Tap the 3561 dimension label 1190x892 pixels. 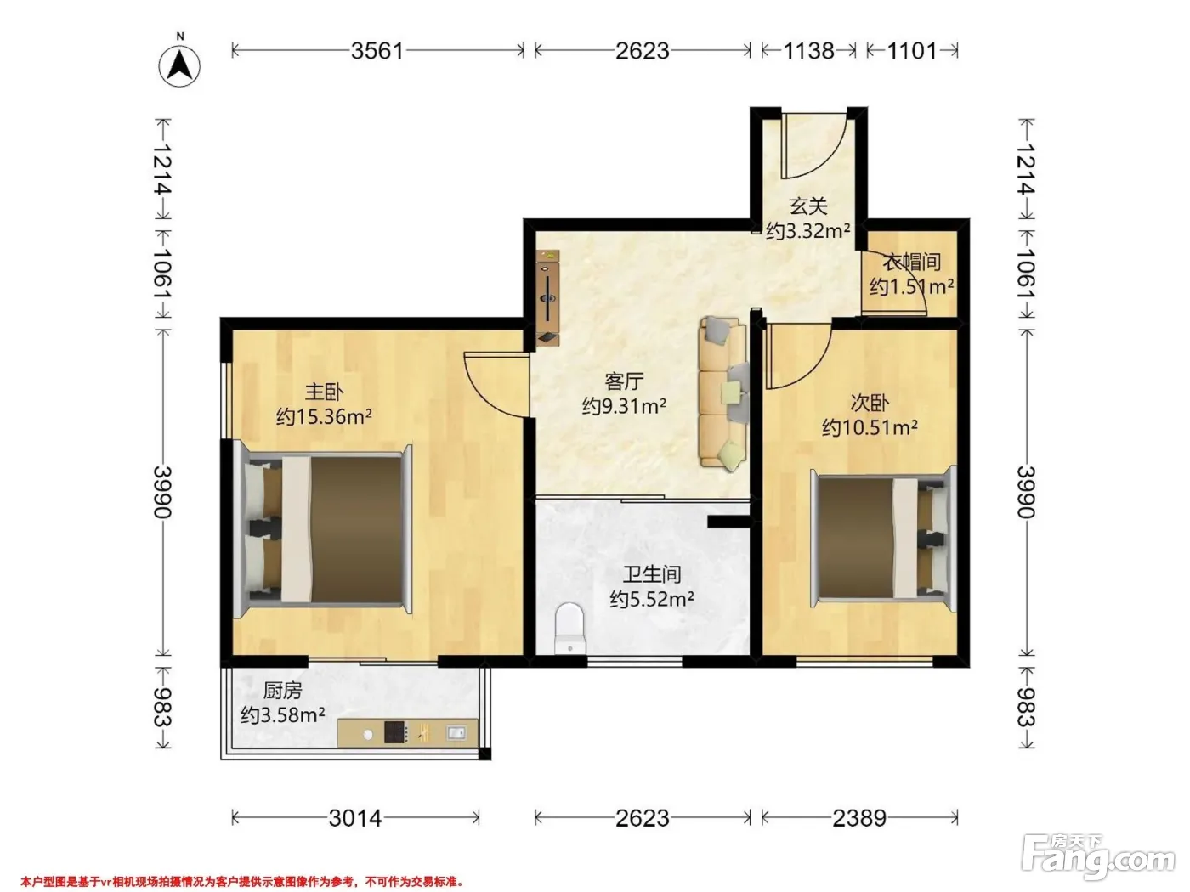pos(377,51)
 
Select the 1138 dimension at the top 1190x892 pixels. pos(808,51)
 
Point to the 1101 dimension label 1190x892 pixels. pos(912,51)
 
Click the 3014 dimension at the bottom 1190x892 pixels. pos(355,818)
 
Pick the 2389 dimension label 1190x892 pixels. pos(859,818)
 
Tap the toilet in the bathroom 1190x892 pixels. pos(569,629)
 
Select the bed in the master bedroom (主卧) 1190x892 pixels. pos(323,530)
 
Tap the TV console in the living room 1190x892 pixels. pos(548,296)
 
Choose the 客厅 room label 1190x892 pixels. pos(624,381)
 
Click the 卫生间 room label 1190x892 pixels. pos(652,574)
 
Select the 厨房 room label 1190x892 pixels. pos(282,691)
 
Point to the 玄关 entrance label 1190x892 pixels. pos(808,207)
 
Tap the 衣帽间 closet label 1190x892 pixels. pos(912,263)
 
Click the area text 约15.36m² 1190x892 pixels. pos(324,416)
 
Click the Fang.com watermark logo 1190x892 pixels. pos(1098,857)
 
